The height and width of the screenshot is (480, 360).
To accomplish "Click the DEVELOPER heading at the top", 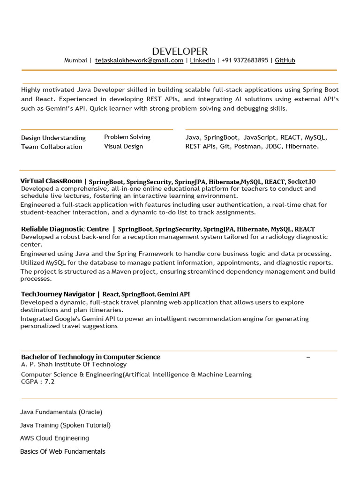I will pyautogui.click(x=180, y=52).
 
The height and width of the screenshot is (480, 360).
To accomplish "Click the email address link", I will pyautogui.click(x=139, y=60).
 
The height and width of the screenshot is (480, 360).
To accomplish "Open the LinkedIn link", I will pyautogui.click(x=202, y=60).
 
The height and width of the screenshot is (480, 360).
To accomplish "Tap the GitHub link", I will pyautogui.click(x=285, y=60).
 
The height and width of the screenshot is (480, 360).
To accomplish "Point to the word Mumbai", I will pyautogui.click(x=75, y=60).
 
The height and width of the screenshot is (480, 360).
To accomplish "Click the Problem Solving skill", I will pyautogui.click(x=127, y=137).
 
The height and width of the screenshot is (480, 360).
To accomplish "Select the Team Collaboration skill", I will pyautogui.click(x=52, y=147).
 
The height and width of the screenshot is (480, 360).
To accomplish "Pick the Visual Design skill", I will pyautogui.click(x=123, y=146).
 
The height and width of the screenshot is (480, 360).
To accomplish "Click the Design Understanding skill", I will pyautogui.click(x=53, y=138).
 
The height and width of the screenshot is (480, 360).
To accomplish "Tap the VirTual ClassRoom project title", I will pyautogui.click(x=51, y=181).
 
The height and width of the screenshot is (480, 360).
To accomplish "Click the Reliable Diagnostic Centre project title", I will pyautogui.click(x=65, y=229).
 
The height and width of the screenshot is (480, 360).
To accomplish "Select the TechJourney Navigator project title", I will pyautogui.click(x=58, y=294).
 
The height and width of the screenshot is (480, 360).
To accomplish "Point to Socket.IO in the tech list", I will pyautogui.click(x=302, y=181).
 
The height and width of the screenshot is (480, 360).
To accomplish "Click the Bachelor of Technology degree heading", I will pyautogui.click(x=90, y=357).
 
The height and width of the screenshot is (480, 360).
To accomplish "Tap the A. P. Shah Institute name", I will pyautogui.click(x=74, y=364).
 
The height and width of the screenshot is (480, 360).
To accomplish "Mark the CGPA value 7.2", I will pyautogui.click(x=50, y=382).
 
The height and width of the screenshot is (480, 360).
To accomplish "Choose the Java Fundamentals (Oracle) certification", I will pyautogui.click(x=61, y=412).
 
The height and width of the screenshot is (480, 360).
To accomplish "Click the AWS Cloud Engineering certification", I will pyautogui.click(x=54, y=438).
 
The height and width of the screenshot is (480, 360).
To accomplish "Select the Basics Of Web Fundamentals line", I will pyautogui.click(x=63, y=451).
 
